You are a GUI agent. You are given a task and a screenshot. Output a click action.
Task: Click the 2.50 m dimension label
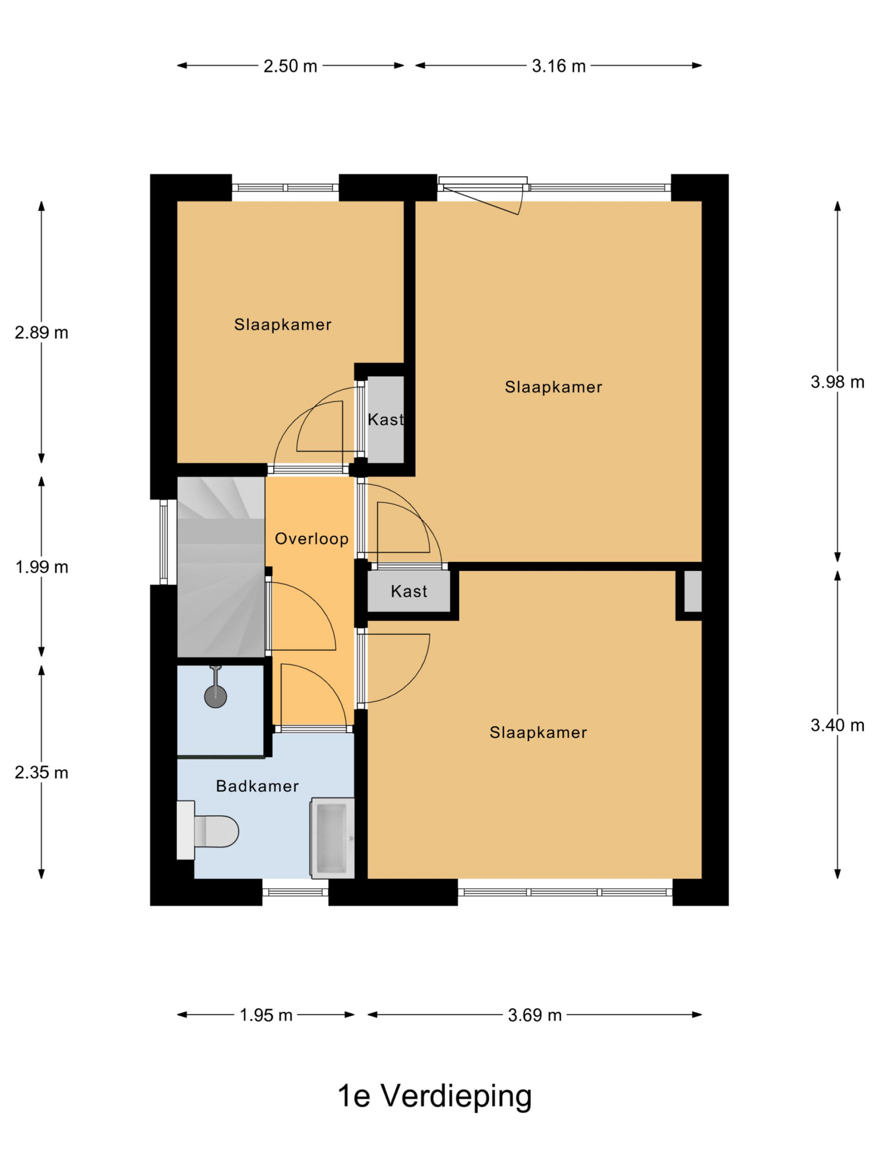pos(290,66)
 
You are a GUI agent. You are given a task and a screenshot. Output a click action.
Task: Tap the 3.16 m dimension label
pos(559,66)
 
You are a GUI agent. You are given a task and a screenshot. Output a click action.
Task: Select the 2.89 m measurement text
pos(41,333)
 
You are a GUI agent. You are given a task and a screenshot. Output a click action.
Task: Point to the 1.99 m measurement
pos(41,567)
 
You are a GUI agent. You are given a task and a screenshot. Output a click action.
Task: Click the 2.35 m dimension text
pos(41,773)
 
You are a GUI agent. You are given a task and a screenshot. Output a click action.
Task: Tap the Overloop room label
pos(312,539)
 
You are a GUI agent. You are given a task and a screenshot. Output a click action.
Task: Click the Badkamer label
pos(257,786)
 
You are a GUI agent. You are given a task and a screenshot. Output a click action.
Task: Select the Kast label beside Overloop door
pos(409,591)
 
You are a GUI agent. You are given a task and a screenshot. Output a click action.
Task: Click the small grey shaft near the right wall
pos(693,591)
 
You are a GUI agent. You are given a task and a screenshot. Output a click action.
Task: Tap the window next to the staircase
pos(164,542)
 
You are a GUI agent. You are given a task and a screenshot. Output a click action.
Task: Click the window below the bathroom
pos(295,892)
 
